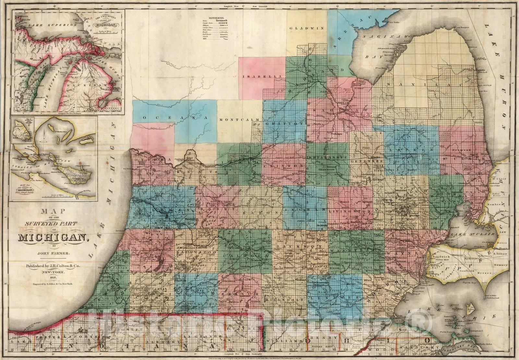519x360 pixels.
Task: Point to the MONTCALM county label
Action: [x=239, y=120]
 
